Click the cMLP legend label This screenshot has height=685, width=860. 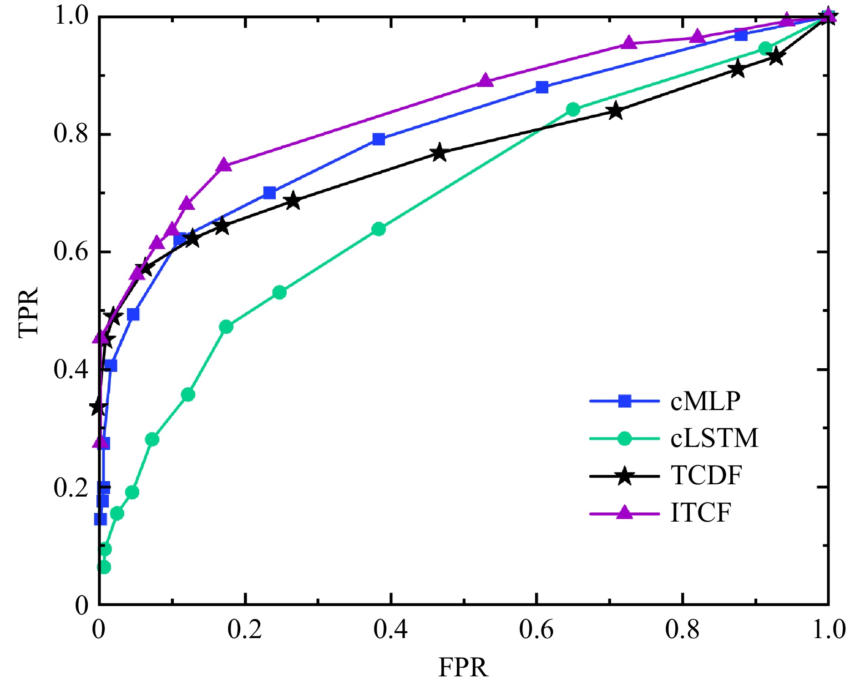[705, 401]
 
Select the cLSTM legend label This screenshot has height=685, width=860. [714, 439]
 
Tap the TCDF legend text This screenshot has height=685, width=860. [706, 476]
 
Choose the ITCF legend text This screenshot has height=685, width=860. [700, 513]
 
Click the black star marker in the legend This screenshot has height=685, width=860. [625, 477]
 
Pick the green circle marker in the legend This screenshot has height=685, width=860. [625, 439]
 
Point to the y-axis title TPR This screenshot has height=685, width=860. [28, 312]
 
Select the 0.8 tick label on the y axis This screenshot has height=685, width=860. [71, 134]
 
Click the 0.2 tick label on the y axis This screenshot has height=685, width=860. [71, 487]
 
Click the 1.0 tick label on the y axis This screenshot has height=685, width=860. [71, 16]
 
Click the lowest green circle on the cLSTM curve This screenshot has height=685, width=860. [104, 568]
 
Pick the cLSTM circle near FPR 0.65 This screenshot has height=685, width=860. [573, 110]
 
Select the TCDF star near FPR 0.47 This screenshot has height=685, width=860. [439, 153]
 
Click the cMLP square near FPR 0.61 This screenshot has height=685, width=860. [542, 87]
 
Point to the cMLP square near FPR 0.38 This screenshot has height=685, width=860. [379, 139]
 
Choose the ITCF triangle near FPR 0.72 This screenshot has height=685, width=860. [629, 43]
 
